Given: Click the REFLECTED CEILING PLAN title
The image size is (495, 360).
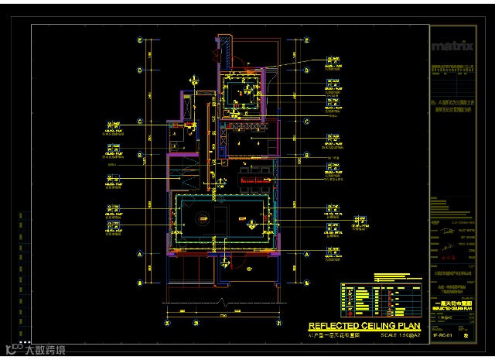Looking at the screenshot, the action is coord(364,327).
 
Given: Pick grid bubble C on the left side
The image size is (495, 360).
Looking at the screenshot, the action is coord(139,122).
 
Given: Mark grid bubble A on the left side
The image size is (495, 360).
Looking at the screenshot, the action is coord(139,254).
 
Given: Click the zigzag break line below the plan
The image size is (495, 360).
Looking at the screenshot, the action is coord(223,300).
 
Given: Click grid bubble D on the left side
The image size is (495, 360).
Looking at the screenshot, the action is coord(139,70).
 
